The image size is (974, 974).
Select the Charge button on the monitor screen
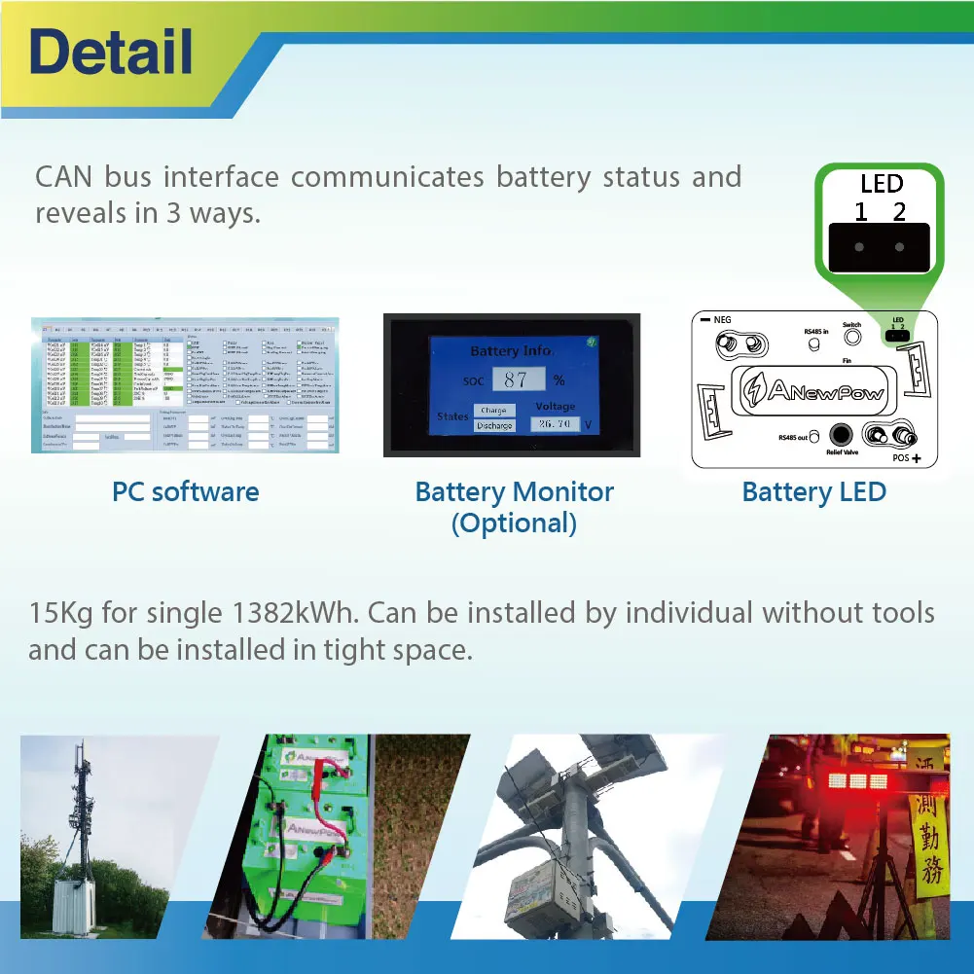pyautogui.click(x=493, y=411)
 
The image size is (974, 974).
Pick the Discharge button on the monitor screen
pyautogui.click(x=493, y=425)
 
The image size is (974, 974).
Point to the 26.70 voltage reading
pyautogui.click(x=555, y=424)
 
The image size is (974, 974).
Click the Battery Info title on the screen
pyautogui.click(x=510, y=350)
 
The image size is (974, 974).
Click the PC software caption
pyautogui.click(x=185, y=491)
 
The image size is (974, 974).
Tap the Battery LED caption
pyautogui.click(x=813, y=491)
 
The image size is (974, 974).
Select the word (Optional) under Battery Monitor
pyautogui.click(x=514, y=523)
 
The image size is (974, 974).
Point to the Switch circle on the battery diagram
pyautogui.click(x=852, y=337)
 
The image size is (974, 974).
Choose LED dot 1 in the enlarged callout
pyautogui.click(x=859, y=247)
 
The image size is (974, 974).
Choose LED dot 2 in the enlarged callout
pyautogui.click(x=899, y=247)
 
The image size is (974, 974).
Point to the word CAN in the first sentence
pyautogui.click(x=63, y=177)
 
